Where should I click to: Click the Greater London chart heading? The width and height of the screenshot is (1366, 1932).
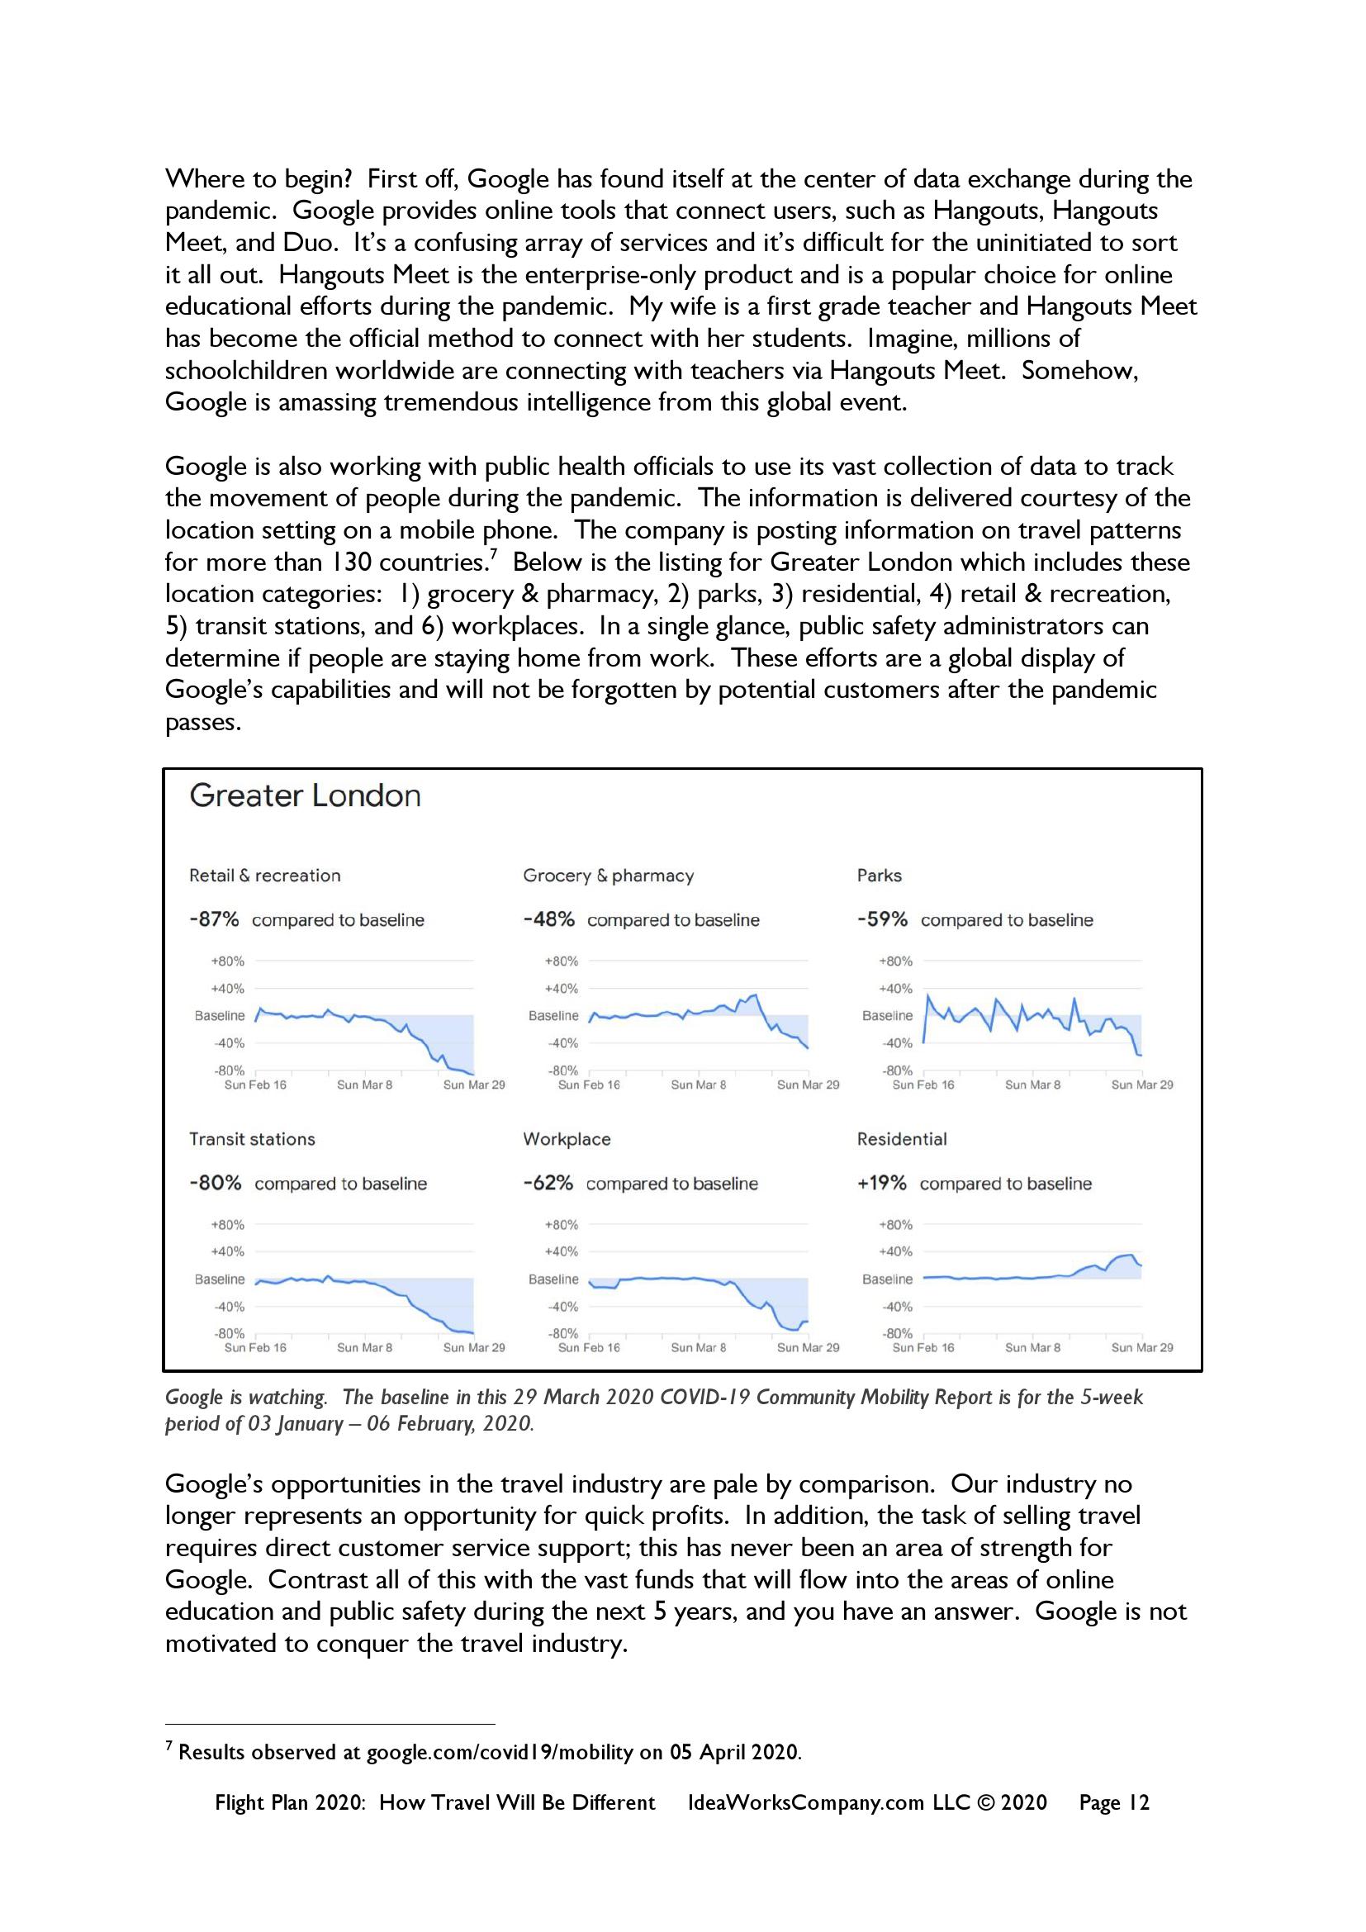(x=305, y=796)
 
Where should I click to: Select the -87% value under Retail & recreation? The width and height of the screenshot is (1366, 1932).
(x=214, y=919)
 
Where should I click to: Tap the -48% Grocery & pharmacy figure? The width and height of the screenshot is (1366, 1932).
(x=548, y=919)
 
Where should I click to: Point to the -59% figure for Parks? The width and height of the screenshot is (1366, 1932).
(x=882, y=919)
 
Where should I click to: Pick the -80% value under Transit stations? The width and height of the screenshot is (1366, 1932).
(x=216, y=1183)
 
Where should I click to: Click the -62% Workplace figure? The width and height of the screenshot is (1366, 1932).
(x=548, y=1183)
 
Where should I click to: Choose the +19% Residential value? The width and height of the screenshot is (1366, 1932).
(x=881, y=1183)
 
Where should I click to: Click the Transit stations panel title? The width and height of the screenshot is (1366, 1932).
(x=253, y=1139)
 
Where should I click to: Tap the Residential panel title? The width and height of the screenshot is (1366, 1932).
(x=902, y=1139)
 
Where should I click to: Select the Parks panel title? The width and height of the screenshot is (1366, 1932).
(x=879, y=876)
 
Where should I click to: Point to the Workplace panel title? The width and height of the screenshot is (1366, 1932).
(x=567, y=1139)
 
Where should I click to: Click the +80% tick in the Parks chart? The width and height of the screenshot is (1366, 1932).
(x=896, y=961)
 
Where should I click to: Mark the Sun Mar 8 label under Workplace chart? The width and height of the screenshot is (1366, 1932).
(x=698, y=1348)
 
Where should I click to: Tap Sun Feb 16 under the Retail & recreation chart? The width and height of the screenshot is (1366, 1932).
(x=255, y=1085)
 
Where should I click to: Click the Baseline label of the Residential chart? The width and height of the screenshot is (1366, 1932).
(x=887, y=1279)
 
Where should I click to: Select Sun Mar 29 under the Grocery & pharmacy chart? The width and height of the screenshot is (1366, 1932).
(x=808, y=1085)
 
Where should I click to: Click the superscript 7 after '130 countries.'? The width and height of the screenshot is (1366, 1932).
(x=494, y=553)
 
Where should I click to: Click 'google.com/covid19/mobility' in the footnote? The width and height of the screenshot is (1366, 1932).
(x=500, y=1752)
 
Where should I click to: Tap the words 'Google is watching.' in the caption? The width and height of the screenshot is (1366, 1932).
(x=245, y=1398)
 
